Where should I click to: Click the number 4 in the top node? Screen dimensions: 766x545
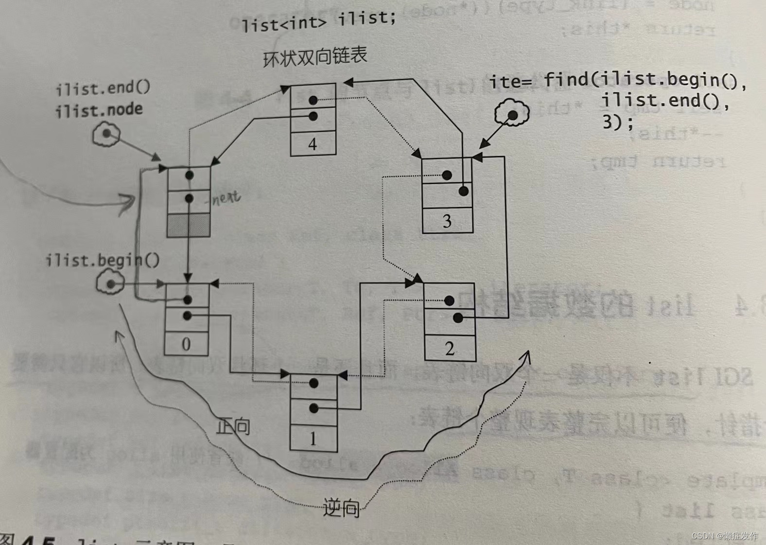(313, 144)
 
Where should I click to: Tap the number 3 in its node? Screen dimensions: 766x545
(447, 222)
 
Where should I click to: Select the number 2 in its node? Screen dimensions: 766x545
(450, 349)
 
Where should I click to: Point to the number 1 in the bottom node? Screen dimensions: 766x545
(313, 439)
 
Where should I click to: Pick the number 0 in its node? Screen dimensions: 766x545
(186, 344)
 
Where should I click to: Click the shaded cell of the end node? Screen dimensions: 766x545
(189, 225)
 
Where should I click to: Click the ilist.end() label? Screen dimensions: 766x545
(103, 88)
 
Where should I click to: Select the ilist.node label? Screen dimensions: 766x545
(99, 110)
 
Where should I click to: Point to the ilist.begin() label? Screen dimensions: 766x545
(102, 261)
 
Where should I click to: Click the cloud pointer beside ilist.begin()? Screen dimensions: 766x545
(110, 283)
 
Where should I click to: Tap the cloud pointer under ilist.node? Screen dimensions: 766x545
(106, 134)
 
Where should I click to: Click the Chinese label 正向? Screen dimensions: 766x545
(233, 426)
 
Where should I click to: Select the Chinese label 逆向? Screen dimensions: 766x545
(341, 509)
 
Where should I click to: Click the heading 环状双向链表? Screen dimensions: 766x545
(314, 57)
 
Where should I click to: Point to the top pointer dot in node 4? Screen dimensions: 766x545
(313, 100)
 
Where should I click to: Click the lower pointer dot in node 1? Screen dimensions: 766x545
(313, 408)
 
